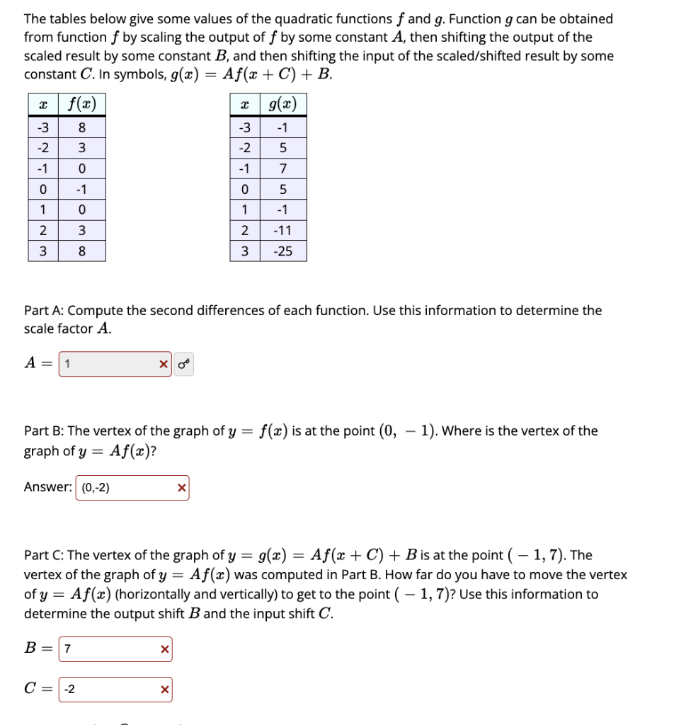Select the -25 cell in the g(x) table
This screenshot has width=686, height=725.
[282, 251]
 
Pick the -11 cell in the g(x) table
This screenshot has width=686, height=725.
[282, 231]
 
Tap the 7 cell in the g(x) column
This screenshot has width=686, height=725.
[282, 169]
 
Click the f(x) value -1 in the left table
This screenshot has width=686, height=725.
[81, 190]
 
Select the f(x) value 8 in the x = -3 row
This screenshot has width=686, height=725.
[81, 128]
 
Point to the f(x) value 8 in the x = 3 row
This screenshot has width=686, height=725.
[81, 251]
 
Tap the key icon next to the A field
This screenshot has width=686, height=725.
[184, 365]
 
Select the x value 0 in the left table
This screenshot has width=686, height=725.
[42, 190]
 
